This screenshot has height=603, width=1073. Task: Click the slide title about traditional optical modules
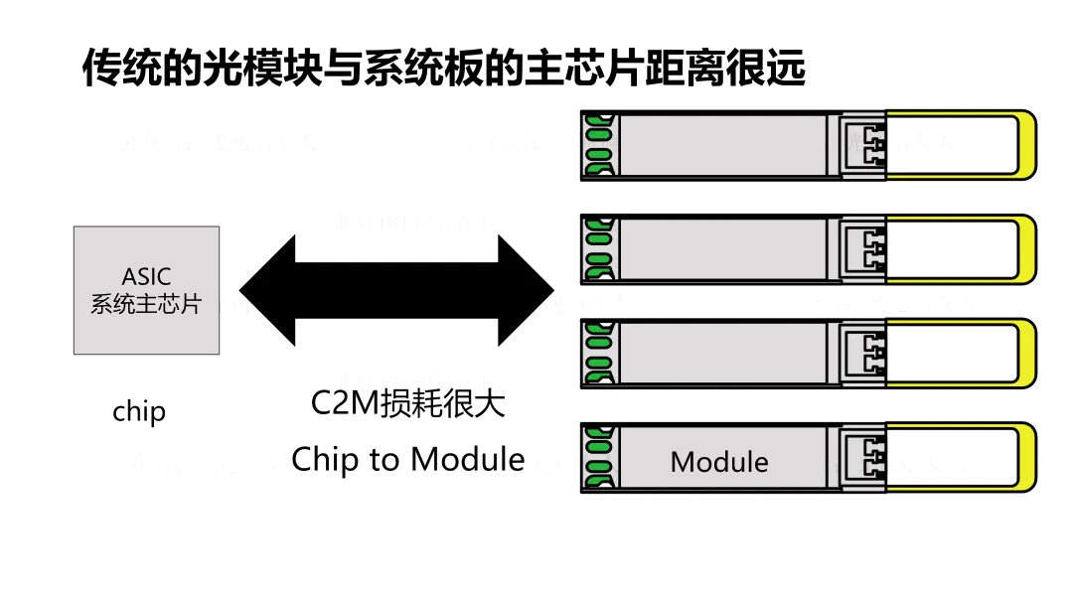(x=443, y=68)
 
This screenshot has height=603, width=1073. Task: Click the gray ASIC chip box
(x=146, y=290)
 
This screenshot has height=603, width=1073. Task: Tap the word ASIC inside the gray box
(x=146, y=276)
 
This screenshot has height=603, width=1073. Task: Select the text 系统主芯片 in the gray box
(x=146, y=304)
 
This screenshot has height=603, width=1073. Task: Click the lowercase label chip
(x=139, y=411)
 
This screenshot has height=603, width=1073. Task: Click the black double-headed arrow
(x=396, y=291)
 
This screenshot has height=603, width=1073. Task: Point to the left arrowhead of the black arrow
(x=268, y=291)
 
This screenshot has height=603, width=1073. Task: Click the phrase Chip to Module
(x=407, y=459)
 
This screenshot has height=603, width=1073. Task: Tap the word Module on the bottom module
(x=719, y=462)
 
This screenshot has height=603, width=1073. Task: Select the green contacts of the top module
(x=597, y=145)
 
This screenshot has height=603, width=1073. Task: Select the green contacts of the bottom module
(x=597, y=457)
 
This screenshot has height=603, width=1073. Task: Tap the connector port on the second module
(x=863, y=248)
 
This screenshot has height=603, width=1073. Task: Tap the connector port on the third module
(x=863, y=353)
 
